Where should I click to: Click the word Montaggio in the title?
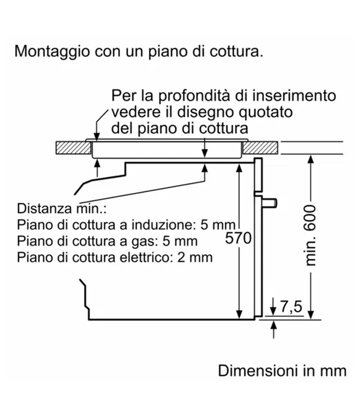52,51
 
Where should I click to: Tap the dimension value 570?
238,238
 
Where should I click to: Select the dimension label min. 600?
311,235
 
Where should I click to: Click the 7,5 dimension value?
291,306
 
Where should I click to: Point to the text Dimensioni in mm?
282,370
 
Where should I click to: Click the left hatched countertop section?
73,148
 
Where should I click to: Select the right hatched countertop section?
260,148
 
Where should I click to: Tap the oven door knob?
269,202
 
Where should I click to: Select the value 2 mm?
194,257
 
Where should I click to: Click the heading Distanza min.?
61,208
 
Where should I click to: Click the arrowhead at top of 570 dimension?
239,167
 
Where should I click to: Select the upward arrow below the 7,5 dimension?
274,329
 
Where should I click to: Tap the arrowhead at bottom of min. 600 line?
311,315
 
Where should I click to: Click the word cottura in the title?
236,51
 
